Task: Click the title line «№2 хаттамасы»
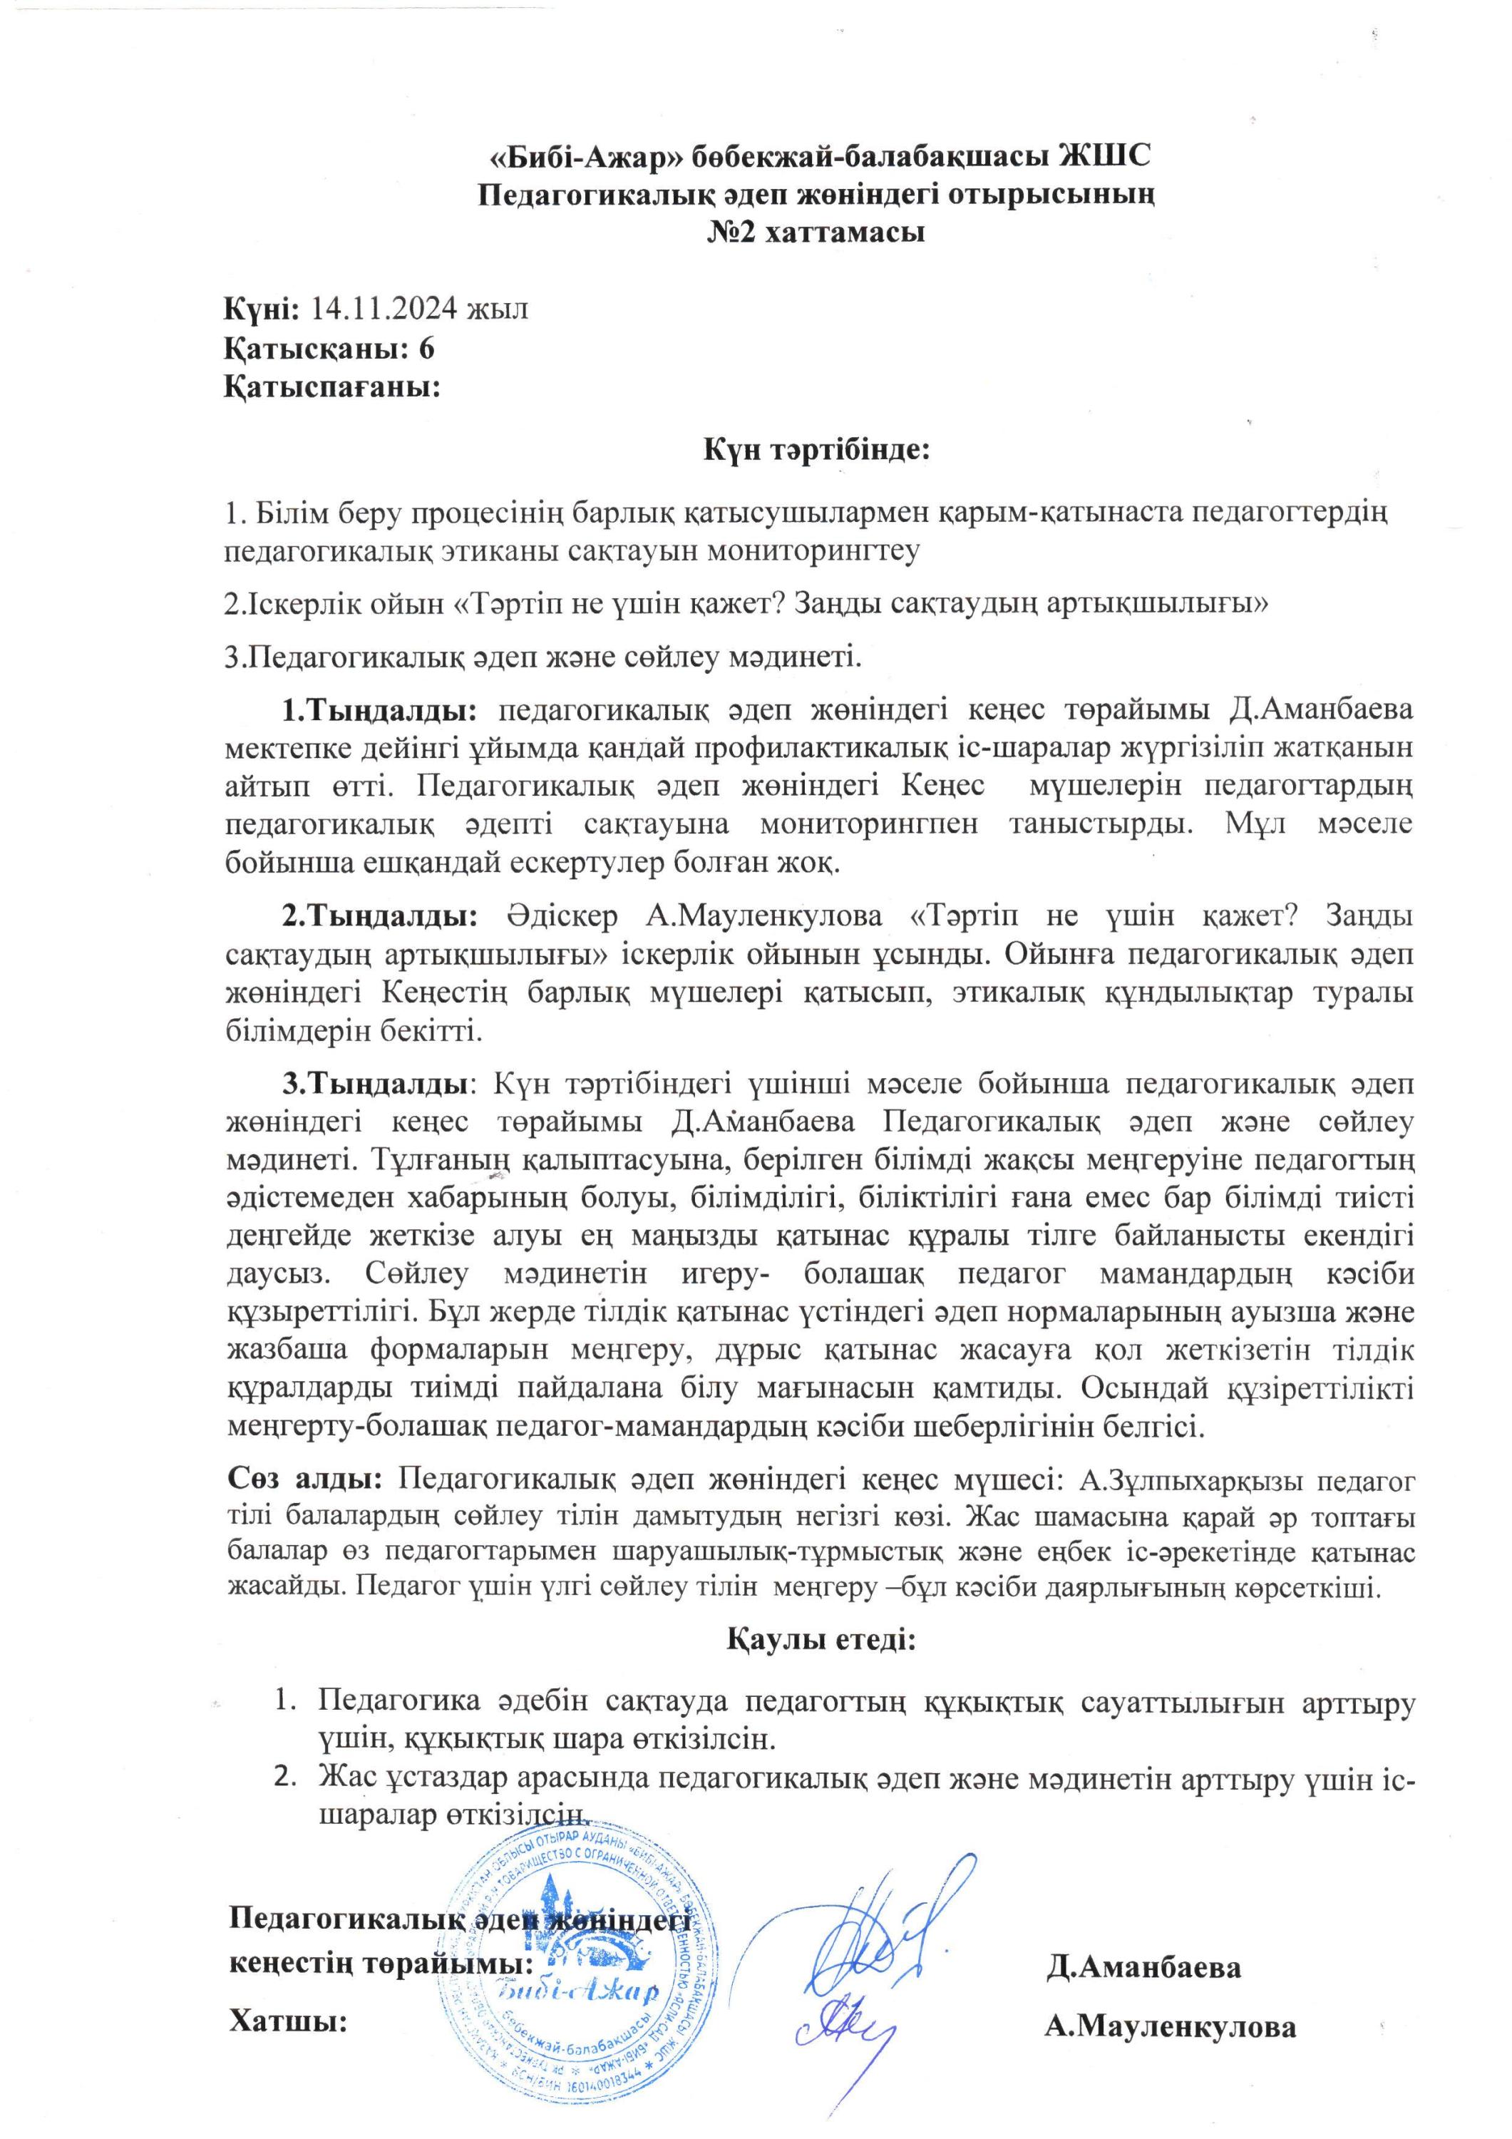pyautogui.click(x=816, y=232)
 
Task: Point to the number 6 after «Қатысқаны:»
pyautogui.click(x=427, y=347)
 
